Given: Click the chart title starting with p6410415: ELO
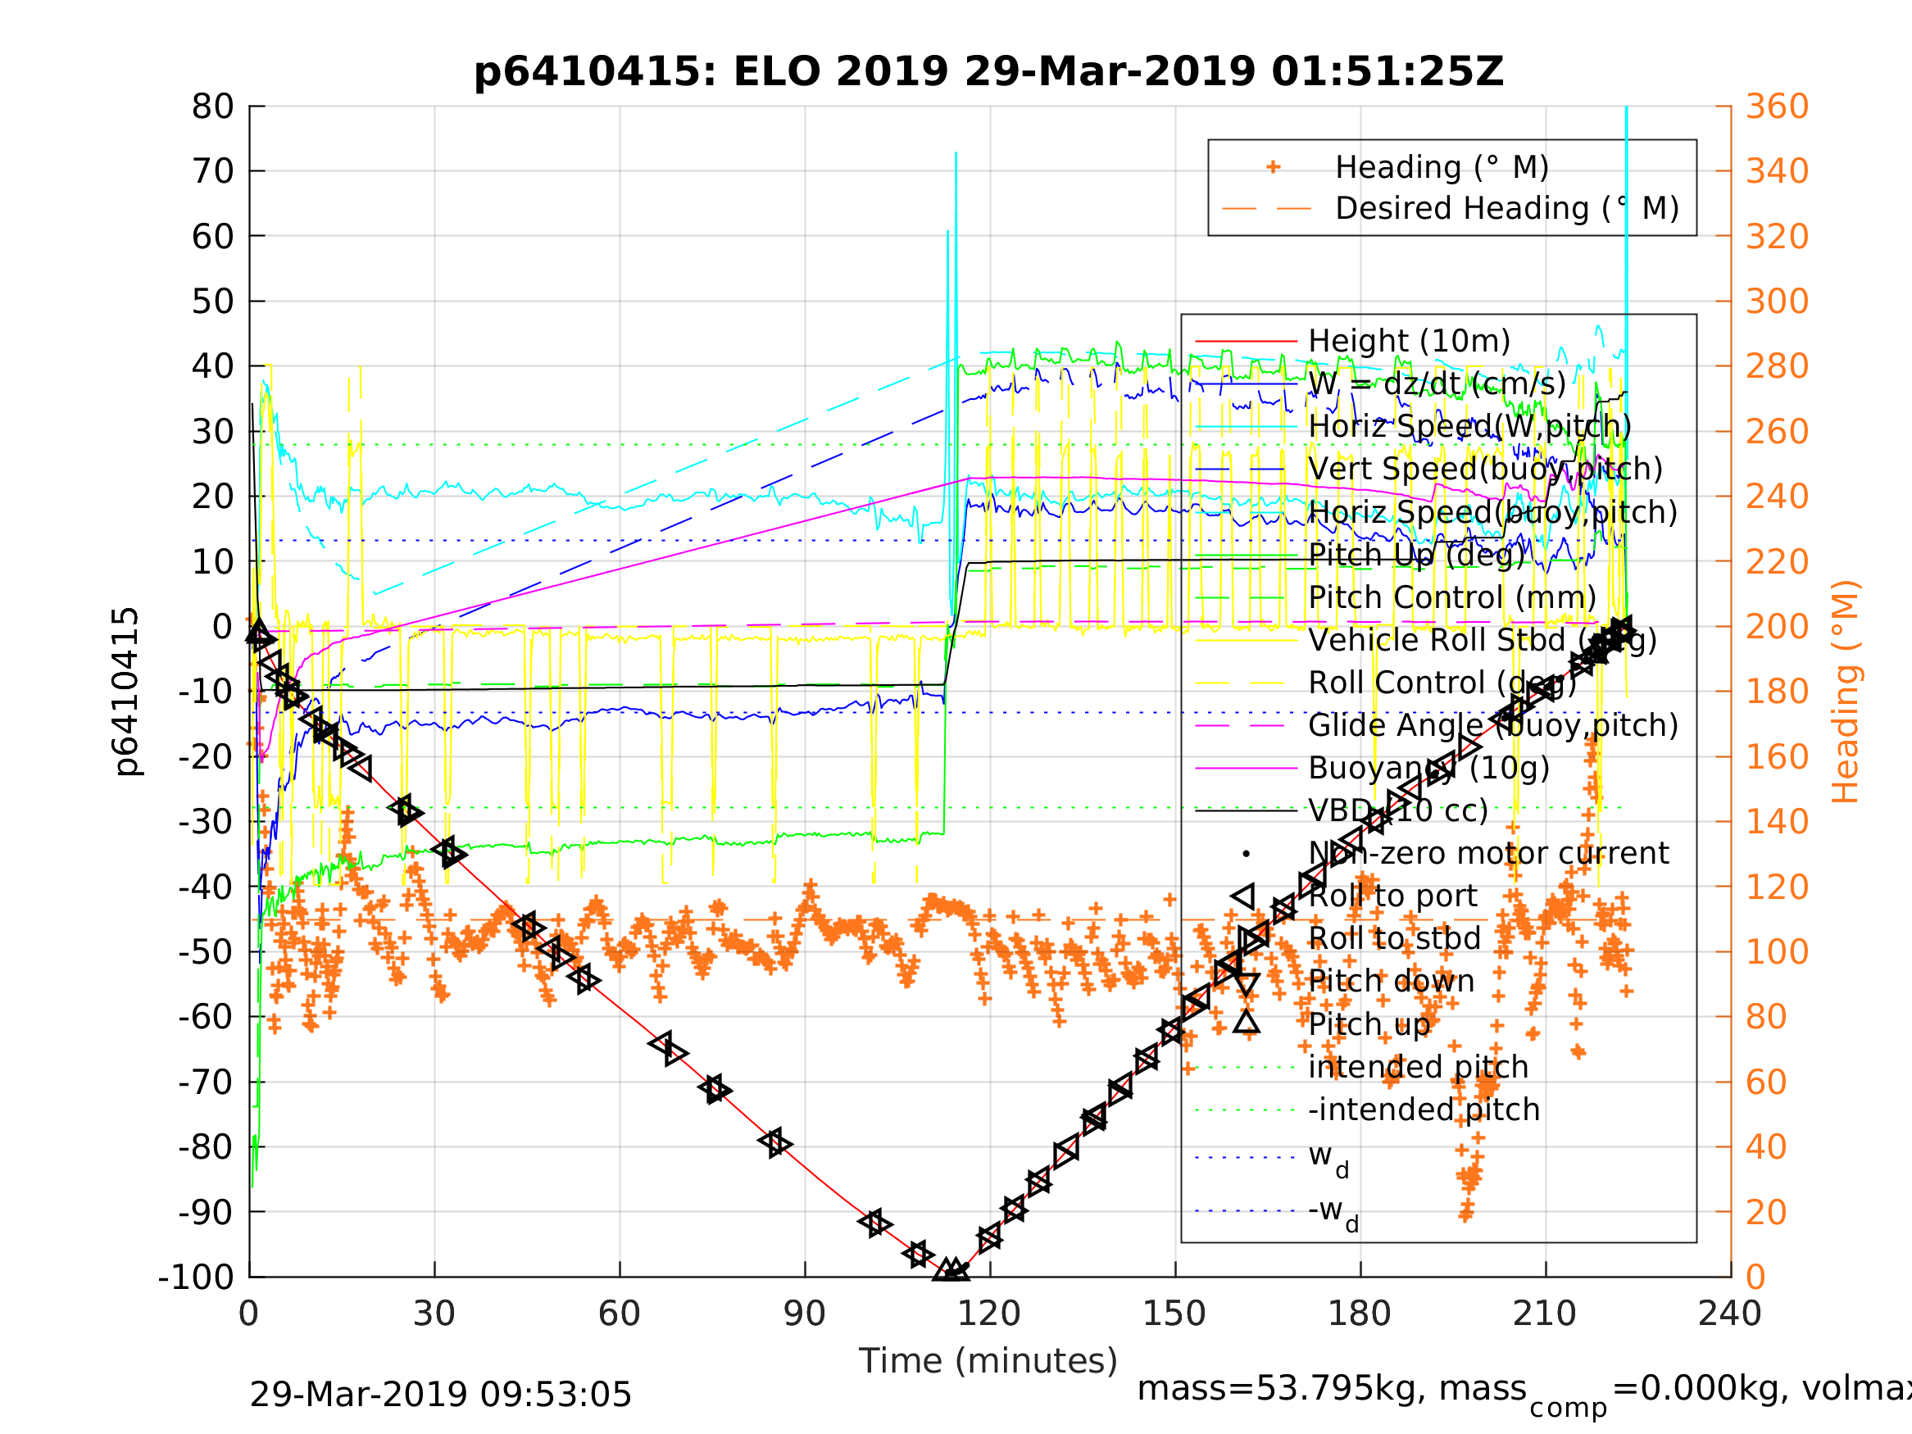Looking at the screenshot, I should click(x=988, y=72).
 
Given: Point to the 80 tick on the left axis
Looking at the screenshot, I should click(x=212, y=107).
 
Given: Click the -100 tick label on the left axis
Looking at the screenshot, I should click(x=195, y=1277).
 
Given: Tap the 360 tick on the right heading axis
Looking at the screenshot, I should click(x=1777, y=107).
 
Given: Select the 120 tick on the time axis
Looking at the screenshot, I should click(x=989, y=1314).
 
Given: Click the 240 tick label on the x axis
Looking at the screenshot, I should click(x=1729, y=1314).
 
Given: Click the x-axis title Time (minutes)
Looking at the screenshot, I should click(x=988, y=1361).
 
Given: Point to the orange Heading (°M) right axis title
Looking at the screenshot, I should click(x=1845, y=692).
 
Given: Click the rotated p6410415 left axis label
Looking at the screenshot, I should click(x=126, y=692).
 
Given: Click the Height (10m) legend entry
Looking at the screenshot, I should click(x=1409, y=342).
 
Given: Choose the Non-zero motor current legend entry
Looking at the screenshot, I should click(x=1487, y=854).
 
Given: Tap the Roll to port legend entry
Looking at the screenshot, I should click(x=1392, y=896).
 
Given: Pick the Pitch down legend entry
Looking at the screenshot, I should click(x=1391, y=982).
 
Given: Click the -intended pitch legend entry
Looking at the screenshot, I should click(x=1424, y=1110).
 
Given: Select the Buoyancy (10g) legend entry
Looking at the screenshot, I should click(x=1428, y=769).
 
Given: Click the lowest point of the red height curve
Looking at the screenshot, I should click(x=951, y=1274).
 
